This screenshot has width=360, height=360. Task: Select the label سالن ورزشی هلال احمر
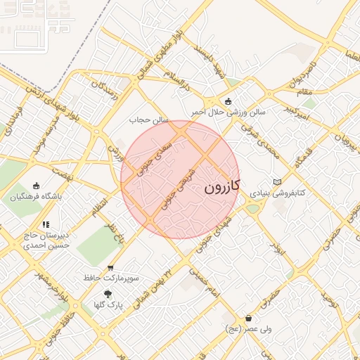point(229,112)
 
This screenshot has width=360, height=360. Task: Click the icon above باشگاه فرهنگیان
point(36,186)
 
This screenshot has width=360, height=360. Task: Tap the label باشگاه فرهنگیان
point(36,197)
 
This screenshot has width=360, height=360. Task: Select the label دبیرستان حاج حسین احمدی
point(46,241)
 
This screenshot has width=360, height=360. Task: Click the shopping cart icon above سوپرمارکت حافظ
point(110,268)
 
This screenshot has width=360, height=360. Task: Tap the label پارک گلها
point(108,305)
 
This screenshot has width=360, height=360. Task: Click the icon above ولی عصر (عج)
point(249,319)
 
